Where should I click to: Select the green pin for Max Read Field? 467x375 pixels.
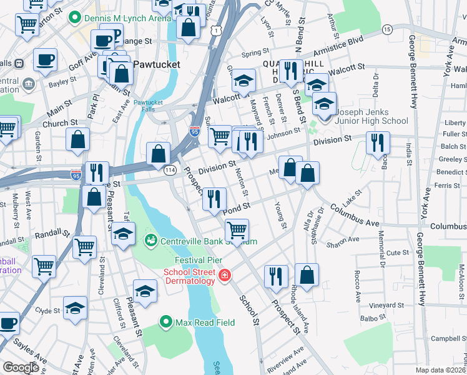[x=165, y=322]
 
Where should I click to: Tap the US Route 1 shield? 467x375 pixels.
[x=216, y=30]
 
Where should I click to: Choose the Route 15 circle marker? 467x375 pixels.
[x=387, y=29]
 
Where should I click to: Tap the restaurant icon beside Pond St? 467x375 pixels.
[x=214, y=199]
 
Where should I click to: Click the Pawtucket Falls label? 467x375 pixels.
[x=147, y=106]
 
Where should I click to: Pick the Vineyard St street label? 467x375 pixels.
[x=386, y=305]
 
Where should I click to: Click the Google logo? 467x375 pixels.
[x=21, y=367]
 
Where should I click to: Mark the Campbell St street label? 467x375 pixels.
[x=445, y=339]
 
